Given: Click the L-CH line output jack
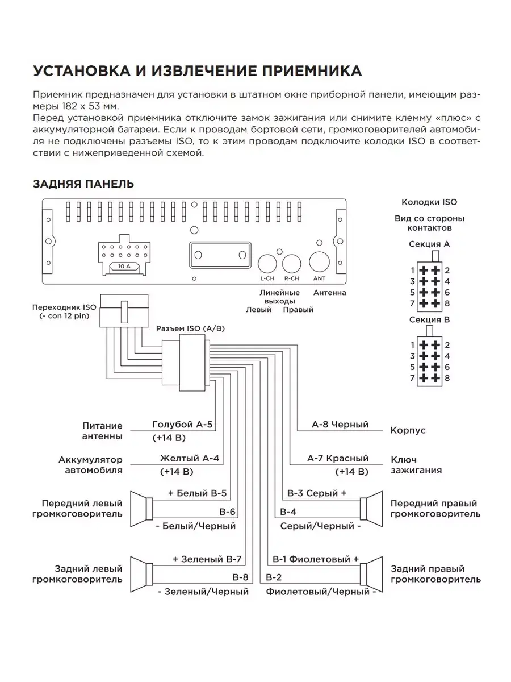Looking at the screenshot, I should click(266, 263).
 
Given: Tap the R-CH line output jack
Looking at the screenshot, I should click(292, 263).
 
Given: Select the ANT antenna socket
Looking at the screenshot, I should click(319, 262).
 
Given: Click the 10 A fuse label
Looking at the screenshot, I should click(124, 266).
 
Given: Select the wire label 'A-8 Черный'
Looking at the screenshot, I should click(340, 425).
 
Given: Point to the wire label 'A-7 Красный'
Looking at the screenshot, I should click(338, 459).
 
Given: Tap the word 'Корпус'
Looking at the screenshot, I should click(408, 431).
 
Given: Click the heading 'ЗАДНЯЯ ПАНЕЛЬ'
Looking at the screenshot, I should click(83, 184).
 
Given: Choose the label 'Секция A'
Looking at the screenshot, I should click(429, 244).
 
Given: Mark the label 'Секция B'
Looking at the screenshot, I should click(429, 320).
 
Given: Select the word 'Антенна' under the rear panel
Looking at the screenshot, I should click(329, 293).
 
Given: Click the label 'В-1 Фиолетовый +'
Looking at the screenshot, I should click(316, 559).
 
